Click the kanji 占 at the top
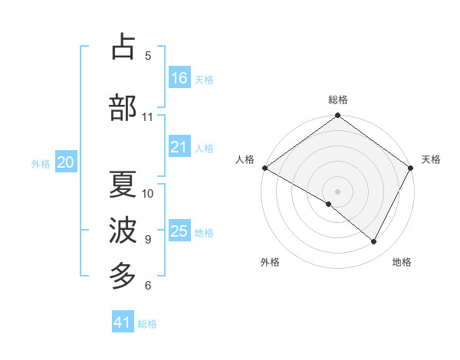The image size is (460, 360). click(123, 47)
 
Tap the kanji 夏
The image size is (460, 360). click(123, 185)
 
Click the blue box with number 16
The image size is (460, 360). click(179, 78)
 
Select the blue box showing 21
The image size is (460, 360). click(179, 147)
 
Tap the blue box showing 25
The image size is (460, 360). click(179, 231)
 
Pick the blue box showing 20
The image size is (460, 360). click(66, 162)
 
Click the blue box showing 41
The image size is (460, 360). click(123, 322)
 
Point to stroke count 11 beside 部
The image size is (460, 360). click(148, 117)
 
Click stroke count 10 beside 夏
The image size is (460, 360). click(148, 193)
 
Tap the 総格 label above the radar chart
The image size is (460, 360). click(338, 100)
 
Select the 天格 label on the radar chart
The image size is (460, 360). click(431, 159)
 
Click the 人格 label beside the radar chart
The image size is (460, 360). click(245, 159)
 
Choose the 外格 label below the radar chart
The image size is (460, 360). click(270, 262)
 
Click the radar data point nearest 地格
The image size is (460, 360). click(374, 242)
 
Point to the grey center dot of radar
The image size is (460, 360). click(338, 191)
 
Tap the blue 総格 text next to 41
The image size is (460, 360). click(147, 324)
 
